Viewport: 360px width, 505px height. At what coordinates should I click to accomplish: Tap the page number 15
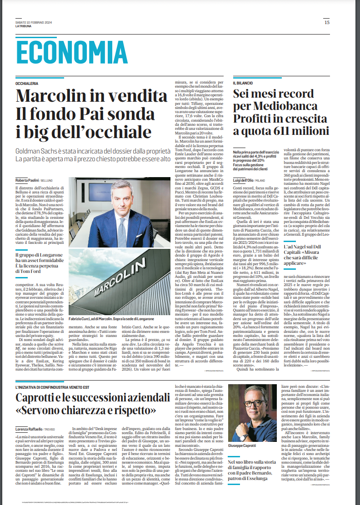(x=327, y=22)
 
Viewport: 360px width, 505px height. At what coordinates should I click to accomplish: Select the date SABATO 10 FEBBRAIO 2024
(x=34, y=22)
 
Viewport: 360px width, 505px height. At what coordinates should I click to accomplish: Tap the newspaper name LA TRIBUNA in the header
(x=23, y=26)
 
